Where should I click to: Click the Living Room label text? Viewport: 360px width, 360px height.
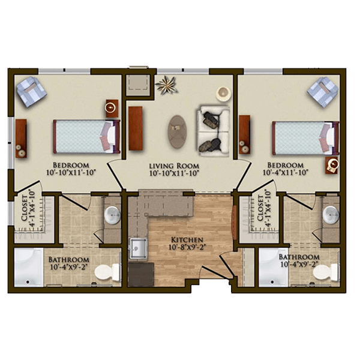174,166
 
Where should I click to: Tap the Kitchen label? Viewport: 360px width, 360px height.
187,240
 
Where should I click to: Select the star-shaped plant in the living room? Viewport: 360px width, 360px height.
166,85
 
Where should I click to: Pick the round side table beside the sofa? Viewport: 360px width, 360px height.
223,94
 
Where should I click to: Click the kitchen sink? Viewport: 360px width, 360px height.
139,248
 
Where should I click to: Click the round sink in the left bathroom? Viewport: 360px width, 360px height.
112,215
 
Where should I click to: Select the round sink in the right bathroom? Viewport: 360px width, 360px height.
331,215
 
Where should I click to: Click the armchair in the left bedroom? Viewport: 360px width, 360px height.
31,91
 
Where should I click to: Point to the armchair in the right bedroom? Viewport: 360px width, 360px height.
322,92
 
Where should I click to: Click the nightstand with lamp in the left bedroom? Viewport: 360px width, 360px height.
112,109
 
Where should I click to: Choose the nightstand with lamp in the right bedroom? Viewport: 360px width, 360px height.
332,166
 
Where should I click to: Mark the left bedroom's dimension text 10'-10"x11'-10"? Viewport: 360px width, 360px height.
71,172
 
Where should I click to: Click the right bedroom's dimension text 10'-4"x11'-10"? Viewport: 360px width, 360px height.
285,172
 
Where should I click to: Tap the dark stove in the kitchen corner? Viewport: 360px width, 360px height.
141,275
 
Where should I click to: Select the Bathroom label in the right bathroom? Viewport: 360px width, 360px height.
299,257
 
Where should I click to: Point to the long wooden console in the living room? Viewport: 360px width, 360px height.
136,128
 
